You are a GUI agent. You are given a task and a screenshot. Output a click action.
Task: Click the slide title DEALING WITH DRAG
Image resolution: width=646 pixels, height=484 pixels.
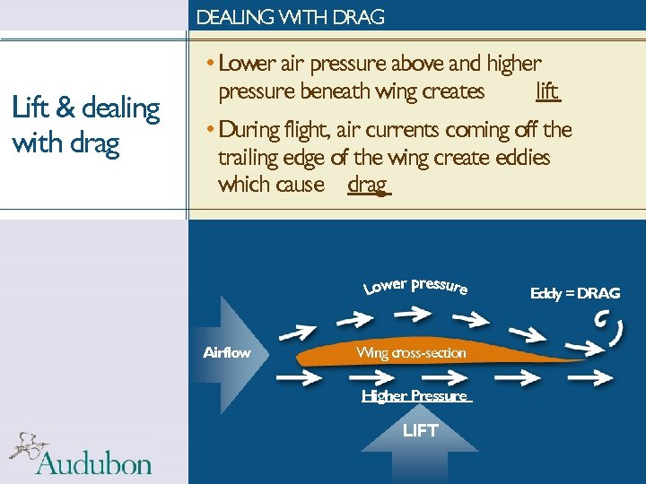[290, 17]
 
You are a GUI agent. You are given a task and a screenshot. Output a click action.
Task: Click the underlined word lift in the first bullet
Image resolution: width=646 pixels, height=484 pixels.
[547, 91]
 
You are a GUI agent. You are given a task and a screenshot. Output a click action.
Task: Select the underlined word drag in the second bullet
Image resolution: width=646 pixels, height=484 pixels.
[367, 185]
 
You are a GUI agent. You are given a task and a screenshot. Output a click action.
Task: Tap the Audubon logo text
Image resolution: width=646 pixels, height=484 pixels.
[94, 462]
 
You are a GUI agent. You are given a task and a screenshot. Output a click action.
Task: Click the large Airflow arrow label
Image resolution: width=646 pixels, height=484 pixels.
[227, 353]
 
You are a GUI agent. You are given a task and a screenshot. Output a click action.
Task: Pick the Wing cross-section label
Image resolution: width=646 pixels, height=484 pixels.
[411, 353]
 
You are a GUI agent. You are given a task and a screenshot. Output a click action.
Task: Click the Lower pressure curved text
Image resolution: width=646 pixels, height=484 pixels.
[415, 286]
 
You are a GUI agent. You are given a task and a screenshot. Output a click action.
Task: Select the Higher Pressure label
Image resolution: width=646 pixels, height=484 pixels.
[415, 395]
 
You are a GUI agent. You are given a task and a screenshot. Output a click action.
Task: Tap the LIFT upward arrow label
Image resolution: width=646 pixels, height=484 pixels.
[420, 430]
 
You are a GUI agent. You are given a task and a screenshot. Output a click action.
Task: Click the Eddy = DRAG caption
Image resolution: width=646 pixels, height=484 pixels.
[575, 293]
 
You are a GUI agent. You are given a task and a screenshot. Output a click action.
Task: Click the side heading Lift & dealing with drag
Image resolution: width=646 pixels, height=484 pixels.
[85, 125]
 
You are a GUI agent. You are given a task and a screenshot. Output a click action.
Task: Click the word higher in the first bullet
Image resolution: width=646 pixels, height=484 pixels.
[514, 64]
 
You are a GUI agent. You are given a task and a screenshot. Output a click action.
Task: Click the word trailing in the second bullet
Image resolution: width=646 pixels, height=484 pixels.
[249, 158]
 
